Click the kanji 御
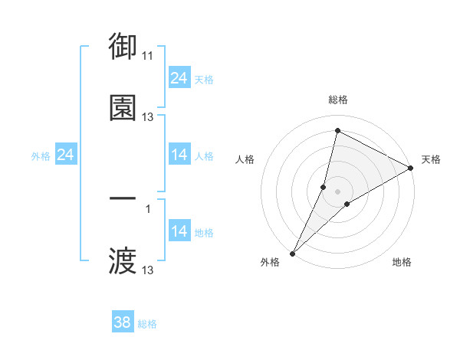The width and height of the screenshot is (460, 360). point(123,47)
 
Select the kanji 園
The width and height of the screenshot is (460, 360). point(123,107)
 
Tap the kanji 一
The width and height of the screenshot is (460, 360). point(123,198)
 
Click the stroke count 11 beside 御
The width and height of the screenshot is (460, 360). point(148,56)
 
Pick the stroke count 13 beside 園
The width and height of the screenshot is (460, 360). point(148,117)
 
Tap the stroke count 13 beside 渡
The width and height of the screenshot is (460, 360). point(148,270)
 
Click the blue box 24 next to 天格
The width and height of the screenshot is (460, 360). point(179,78)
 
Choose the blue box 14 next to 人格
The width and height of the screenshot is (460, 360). point(179,155)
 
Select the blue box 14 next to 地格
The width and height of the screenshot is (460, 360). point(179,231)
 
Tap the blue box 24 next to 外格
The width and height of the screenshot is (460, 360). point(66,155)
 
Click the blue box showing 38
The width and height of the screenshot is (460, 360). point(123,323)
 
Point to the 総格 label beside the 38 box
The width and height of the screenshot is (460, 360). point(148,324)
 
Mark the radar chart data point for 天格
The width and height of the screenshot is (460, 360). point(411,168)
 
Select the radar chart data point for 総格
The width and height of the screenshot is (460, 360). point(337,130)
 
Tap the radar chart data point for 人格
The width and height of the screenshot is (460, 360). point(324,186)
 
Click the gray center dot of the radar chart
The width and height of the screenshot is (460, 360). point(337,191)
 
